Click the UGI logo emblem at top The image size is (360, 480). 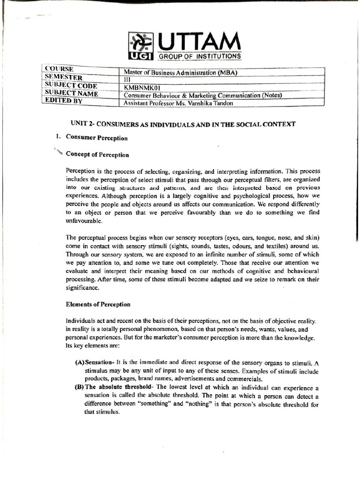point(141,46)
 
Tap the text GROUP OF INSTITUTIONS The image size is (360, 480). point(201,57)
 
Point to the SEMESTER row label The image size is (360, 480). point(64,77)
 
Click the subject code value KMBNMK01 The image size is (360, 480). point(142,87)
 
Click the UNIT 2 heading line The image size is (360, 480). point(183,124)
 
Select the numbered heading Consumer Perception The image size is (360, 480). point(97,138)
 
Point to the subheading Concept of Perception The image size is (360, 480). point(97,154)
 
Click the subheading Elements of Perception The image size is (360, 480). point(98,304)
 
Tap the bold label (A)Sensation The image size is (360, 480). point(95,363)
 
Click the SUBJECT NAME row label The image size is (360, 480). point(71,93)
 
